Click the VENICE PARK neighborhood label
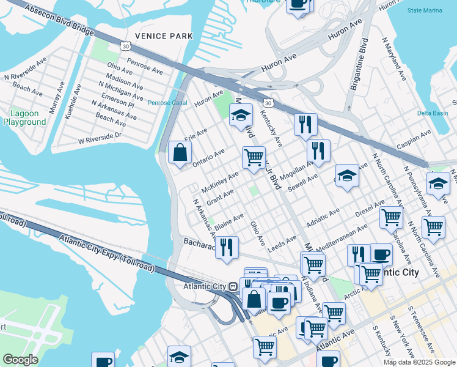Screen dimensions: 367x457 click(x=163, y=36)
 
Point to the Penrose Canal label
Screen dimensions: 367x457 click(x=167, y=103)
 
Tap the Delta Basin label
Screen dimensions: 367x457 click(x=433, y=113)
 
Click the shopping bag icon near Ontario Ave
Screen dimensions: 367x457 click(x=181, y=153)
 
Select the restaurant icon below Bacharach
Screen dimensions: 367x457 click(x=227, y=248)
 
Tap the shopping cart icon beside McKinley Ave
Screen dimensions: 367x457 click(x=254, y=157)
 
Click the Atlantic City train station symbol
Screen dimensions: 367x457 click(x=233, y=286)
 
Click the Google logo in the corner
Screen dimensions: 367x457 click(x=20, y=360)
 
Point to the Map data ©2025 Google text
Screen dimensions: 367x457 click(x=418, y=362)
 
